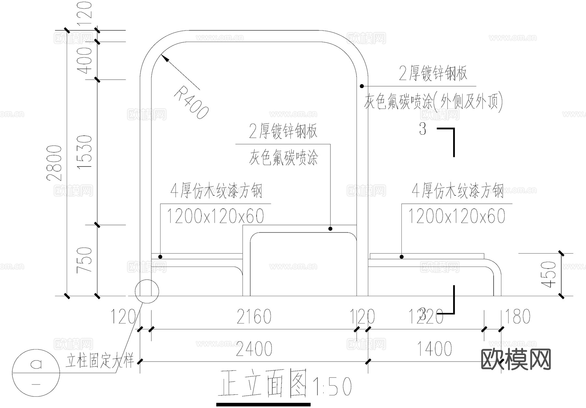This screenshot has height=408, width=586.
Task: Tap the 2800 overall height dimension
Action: coord(54,163)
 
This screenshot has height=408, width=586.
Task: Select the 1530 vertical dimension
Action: coord(85,152)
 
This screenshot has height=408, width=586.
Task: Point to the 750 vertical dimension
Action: coord(84,260)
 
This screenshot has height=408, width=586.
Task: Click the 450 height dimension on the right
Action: coord(549,274)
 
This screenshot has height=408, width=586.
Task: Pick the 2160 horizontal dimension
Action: coord(254,317)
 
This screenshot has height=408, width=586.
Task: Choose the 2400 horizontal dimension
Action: coord(254,349)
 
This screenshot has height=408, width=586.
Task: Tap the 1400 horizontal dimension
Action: coord(434,349)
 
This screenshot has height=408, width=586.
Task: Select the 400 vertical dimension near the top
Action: coord(85,60)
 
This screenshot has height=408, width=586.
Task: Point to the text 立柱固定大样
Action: coord(100,361)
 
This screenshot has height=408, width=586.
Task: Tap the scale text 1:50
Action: coord(332,387)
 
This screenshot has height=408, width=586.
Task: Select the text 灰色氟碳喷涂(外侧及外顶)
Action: coord(433,102)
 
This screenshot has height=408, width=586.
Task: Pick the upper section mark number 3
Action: coord(423,129)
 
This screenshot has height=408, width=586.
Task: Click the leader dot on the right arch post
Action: coord(362,86)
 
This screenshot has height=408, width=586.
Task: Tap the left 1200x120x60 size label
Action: coord(215,216)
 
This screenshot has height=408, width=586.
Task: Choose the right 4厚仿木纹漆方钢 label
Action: coord(458,191)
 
